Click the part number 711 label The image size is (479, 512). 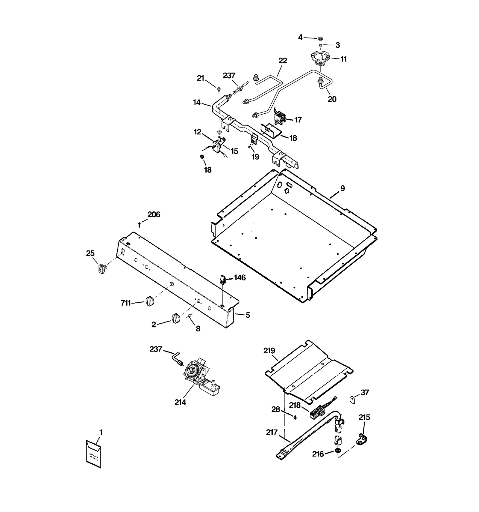point(126,303)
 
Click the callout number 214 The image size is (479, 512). point(180,402)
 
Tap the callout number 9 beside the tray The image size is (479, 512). point(342,188)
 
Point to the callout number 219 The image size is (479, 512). point(269,350)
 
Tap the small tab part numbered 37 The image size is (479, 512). point(352,399)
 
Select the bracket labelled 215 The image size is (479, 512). point(362,439)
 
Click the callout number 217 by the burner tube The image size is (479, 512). point(272,432)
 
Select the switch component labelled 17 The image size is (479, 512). point(280,117)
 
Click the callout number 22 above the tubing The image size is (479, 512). point(282,61)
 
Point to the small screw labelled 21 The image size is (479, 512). point(219,88)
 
